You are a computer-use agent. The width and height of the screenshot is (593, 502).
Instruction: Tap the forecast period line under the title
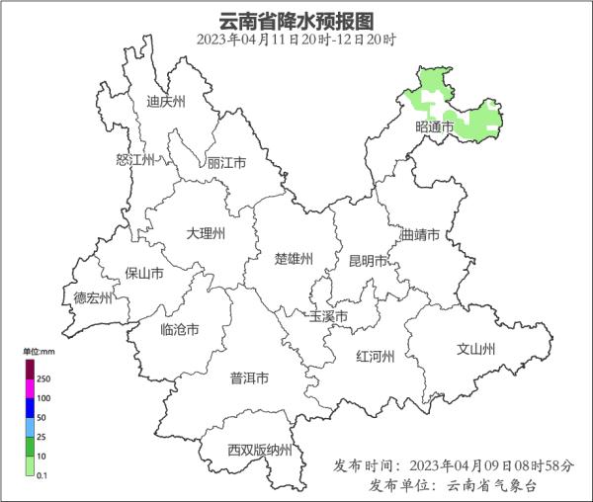pyautogui.click(x=296, y=41)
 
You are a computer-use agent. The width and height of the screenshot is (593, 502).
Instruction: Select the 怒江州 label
pyautogui.click(x=135, y=160)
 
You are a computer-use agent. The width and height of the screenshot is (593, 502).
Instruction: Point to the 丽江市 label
pyautogui.click(x=226, y=163)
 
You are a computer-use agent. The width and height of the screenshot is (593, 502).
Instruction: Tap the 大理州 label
pyautogui.click(x=206, y=233)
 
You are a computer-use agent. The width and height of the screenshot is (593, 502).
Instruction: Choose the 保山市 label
pyautogui.click(x=143, y=274)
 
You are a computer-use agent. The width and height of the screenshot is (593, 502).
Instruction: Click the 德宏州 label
pyautogui.click(x=94, y=297)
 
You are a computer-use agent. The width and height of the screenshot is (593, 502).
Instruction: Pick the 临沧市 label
pyautogui.click(x=179, y=330)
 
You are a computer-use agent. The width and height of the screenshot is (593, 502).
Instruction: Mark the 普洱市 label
pyautogui.click(x=249, y=377)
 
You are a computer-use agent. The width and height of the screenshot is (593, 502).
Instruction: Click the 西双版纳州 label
pyautogui.click(x=260, y=450)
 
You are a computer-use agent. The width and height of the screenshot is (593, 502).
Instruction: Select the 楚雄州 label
pyautogui.click(x=293, y=259)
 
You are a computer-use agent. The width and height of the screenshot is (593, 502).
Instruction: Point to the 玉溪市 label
pyautogui.click(x=329, y=317)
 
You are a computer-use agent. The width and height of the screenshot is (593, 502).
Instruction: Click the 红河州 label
pyautogui.click(x=375, y=357)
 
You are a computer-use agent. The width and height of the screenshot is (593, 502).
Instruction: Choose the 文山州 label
pyautogui.click(x=475, y=349)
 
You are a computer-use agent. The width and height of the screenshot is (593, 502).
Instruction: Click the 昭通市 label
pyautogui.click(x=435, y=127)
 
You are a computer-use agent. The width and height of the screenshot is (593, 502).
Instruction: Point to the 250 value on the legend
pyautogui.click(x=43, y=378)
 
